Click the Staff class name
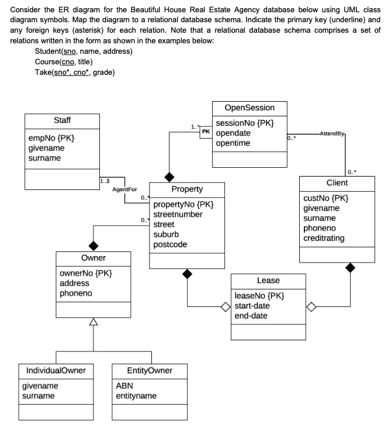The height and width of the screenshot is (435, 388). (63, 120)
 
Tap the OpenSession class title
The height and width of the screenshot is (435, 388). (249, 108)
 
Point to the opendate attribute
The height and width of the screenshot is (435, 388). (233, 133)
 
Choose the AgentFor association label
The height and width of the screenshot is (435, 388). (124, 190)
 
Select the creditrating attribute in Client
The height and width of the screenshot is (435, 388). (332, 238)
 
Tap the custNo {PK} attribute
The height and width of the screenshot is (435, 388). (325, 198)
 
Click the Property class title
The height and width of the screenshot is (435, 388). (187, 189)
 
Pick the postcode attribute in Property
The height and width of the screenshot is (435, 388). (170, 244)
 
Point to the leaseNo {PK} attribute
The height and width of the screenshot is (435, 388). (259, 296)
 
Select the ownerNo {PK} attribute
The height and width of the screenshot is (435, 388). (86, 273)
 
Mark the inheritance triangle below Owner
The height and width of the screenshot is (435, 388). (92, 321)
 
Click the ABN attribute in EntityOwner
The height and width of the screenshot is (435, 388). (124, 386)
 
